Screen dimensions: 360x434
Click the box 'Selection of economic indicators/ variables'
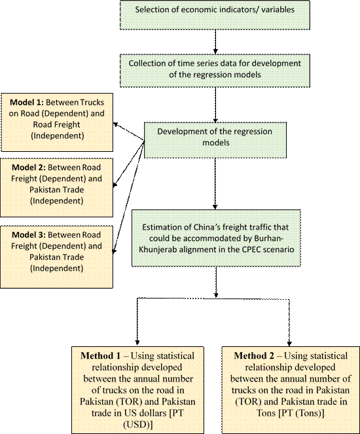(215, 15)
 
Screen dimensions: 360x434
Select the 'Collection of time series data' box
(215, 71)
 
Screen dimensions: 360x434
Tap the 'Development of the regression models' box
(215, 140)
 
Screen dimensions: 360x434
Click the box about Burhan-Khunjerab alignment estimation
(216, 238)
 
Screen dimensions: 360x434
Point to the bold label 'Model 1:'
(27, 102)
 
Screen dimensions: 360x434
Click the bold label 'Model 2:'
(29, 168)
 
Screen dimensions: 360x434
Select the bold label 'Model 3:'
(29, 235)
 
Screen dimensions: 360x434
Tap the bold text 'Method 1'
(100, 355)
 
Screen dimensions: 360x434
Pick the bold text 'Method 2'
(254, 355)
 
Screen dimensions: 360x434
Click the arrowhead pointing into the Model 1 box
(117, 125)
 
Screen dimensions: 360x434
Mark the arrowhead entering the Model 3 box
(114, 251)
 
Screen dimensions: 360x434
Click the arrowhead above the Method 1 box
(137, 342)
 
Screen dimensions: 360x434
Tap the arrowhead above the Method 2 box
(289, 344)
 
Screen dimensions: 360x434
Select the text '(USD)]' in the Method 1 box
(137, 424)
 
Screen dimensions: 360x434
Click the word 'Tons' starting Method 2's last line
(266, 413)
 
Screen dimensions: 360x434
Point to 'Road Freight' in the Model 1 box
(56, 124)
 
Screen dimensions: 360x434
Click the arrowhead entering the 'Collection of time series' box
(215, 51)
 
